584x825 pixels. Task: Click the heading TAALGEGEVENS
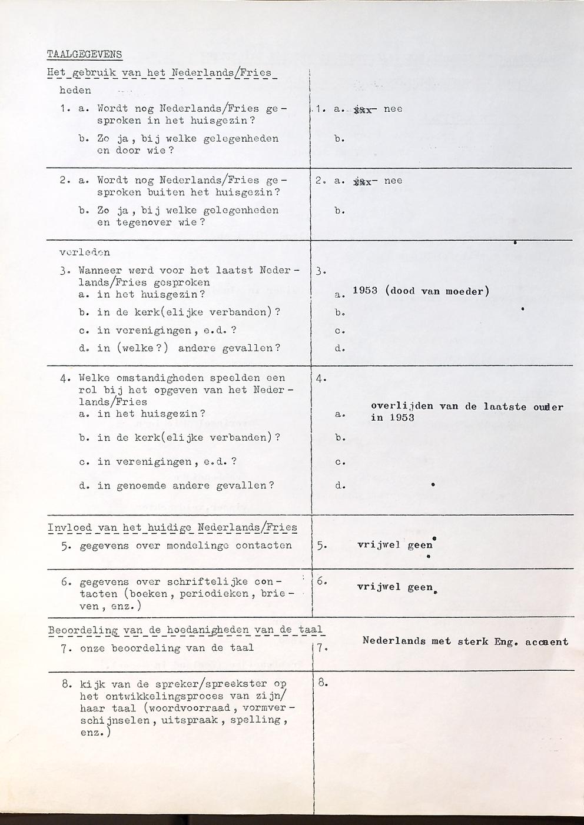[x=84, y=55]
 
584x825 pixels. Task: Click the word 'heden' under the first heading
[x=75, y=90]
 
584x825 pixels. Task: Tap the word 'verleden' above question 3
[x=85, y=252]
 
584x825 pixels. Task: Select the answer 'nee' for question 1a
[x=393, y=109]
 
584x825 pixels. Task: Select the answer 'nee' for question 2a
[x=393, y=181]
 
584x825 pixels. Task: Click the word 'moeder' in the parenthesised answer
[x=464, y=291]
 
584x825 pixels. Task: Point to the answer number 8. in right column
[x=321, y=683]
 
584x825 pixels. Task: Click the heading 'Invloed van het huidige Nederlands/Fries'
[x=172, y=527]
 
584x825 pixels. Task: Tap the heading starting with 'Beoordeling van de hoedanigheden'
[x=185, y=630]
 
